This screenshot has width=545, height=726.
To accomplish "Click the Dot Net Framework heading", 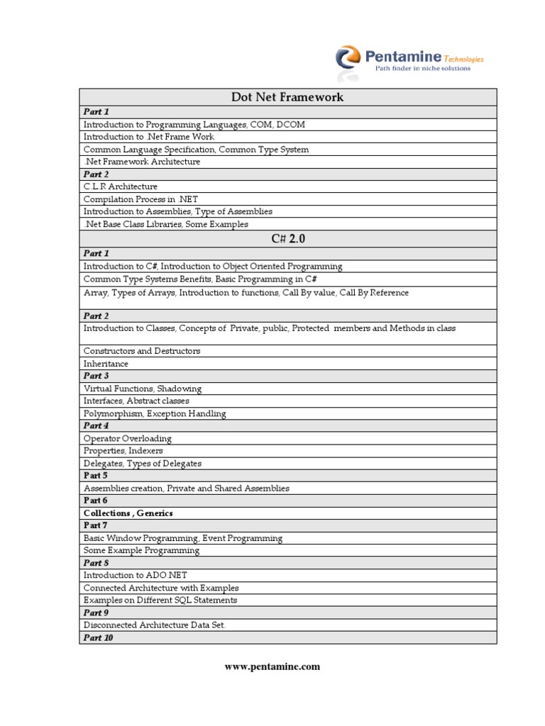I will (x=287, y=97).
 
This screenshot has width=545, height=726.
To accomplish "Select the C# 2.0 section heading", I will (x=287, y=239).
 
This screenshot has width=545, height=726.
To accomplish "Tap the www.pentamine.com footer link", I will (x=272, y=666).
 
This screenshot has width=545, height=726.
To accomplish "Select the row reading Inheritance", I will (x=106, y=364).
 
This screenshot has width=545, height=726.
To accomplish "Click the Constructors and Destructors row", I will (x=142, y=351).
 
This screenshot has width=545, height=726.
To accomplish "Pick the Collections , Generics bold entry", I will (x=128, y=513).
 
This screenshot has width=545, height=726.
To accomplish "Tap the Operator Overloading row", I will (x=128, y=439).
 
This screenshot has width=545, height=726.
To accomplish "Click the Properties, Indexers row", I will (x=123, y=451).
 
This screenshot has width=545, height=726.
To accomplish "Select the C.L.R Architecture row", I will (x=121, y=186).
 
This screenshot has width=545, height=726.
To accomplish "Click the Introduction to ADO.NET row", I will (x=136, y=575).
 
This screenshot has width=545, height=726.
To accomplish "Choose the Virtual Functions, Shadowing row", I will (x=143, y=389).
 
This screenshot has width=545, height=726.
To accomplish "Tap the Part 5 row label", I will (x=96, y=476).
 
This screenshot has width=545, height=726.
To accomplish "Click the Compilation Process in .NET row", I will (x=140, y=199).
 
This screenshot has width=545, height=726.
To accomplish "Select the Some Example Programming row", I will (x=141, y=550).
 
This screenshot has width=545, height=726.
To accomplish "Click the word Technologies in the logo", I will (x=464, y=60).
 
